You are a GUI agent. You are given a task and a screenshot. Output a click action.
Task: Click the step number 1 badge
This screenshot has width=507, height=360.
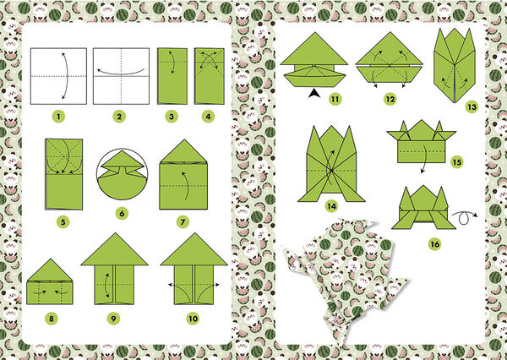tap(58, 117)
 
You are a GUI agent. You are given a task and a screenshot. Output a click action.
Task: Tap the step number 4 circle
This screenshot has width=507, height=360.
tap(208, 117)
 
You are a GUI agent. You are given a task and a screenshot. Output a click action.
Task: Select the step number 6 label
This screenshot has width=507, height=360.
tap(122, 214)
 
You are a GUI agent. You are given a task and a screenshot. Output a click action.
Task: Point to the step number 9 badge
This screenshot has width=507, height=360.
tap(113, 319)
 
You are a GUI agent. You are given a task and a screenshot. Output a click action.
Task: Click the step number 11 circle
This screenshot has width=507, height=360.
tap(335, 99)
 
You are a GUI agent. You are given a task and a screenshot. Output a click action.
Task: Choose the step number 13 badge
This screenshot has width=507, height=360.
tap(472, 107)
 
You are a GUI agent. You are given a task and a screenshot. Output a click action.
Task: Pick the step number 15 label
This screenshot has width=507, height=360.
tap(456, 161)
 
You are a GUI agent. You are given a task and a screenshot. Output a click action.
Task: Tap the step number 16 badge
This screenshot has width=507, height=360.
tap(435, 244)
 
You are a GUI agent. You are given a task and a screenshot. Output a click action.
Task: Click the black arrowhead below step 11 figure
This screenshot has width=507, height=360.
tap(313, 94)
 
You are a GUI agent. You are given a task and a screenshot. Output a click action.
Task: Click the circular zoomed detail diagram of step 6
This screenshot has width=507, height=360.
tap(123, 174)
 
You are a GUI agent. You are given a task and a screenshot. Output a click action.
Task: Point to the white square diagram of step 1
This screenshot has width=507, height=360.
tap(58, 76)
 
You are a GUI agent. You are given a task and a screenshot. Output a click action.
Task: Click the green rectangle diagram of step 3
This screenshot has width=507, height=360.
tap(172, 76)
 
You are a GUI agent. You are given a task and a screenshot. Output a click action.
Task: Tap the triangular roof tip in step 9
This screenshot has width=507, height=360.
tap(114, 233)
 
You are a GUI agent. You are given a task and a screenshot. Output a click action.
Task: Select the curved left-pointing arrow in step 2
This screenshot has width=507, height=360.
tap(120, 74)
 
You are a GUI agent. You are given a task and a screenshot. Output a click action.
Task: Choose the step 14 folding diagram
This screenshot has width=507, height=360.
tap(331, 164)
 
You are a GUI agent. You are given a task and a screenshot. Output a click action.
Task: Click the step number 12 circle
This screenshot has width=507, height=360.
tap(390, 99)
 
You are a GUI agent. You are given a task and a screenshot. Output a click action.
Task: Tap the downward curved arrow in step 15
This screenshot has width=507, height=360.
tap(425, 159)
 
